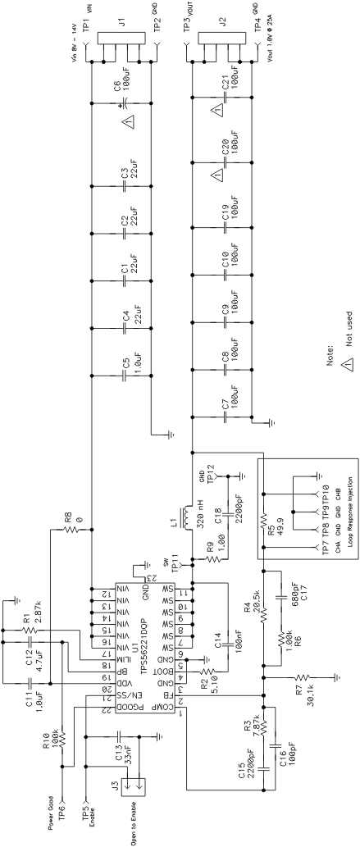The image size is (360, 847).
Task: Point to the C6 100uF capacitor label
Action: click(x=140, y=80)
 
